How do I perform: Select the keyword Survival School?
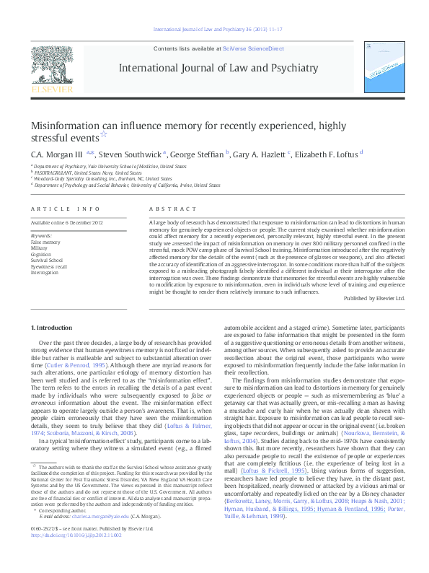tap(47, 260)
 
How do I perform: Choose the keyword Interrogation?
tap(45, 272)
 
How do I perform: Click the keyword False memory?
tap(45, 241)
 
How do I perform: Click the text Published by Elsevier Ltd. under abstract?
tap(374, 297)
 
